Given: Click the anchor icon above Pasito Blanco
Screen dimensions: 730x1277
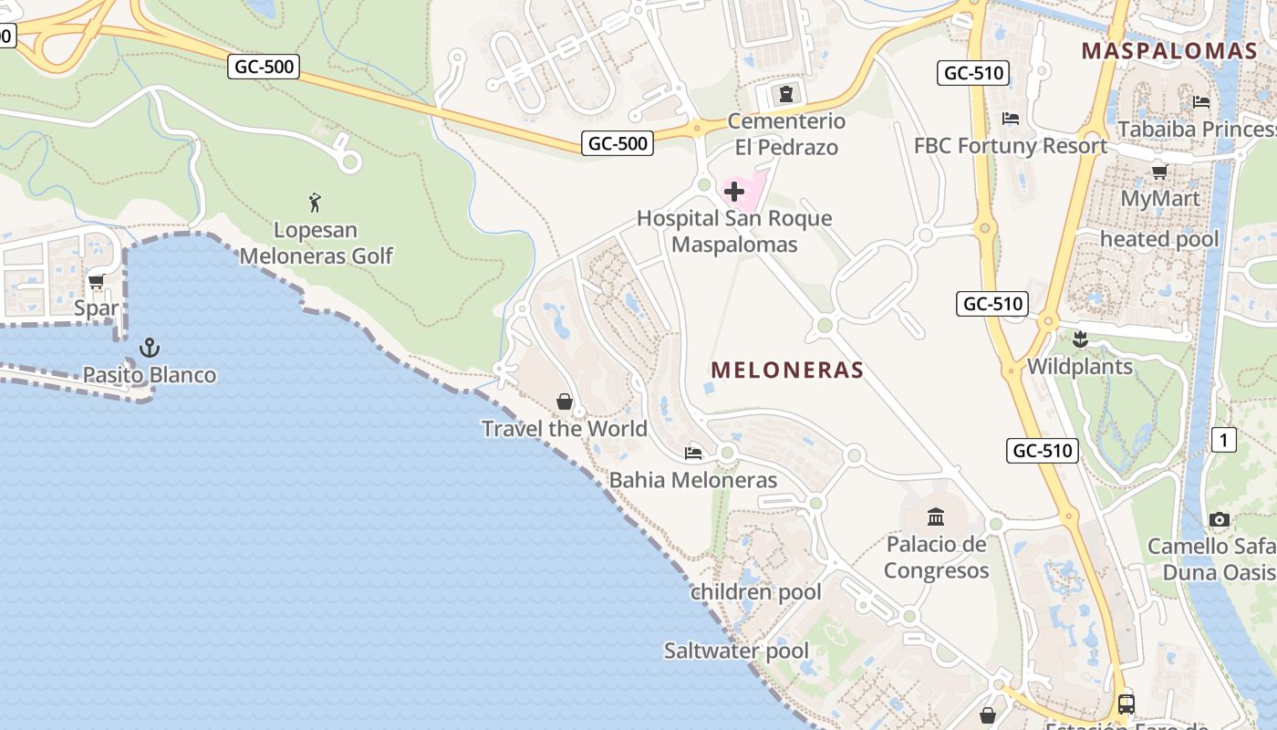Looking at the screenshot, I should click(x=149, y=348).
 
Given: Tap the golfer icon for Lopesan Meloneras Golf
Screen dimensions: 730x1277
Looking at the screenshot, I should click(x=316, y=202).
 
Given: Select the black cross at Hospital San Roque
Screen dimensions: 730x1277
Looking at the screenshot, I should click(x=734, y=192).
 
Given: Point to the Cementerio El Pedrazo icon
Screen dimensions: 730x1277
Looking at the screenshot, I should click(x=785, y=94).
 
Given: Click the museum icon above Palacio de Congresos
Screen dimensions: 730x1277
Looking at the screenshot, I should click(x=936, y=517).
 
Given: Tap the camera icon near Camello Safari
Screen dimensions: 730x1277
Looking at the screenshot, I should click(x=1219, y=519).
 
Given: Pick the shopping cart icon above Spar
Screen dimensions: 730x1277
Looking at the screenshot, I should click(x=97, y=282).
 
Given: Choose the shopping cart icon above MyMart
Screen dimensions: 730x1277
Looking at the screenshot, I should click(x=1160, y=172).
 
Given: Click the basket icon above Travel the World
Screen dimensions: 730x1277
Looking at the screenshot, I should click(x=565, y=401).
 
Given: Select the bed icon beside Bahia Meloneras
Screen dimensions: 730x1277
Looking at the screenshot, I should click(x=693, y=454).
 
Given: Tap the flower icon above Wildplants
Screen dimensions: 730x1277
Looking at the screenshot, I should click(x=1080, y=339).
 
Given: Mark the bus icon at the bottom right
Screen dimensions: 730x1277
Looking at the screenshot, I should click(x=1126, y=704).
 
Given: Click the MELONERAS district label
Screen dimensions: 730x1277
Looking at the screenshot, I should click(x=787, y=370).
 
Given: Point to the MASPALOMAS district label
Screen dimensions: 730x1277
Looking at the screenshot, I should click(x=1169, y=51).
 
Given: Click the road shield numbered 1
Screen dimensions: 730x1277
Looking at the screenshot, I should click(x=1223, y=441).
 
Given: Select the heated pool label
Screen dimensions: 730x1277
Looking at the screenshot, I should click(x=1158, y=239).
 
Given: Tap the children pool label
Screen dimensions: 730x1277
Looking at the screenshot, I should click(x=756, y=592).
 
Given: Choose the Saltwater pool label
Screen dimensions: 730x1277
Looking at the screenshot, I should click(x=736, y=651).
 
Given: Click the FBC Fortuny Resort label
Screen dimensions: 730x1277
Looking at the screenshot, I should click(x=1011, y=146).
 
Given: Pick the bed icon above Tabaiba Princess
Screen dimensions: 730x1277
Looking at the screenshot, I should click(x=1201, y=102).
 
